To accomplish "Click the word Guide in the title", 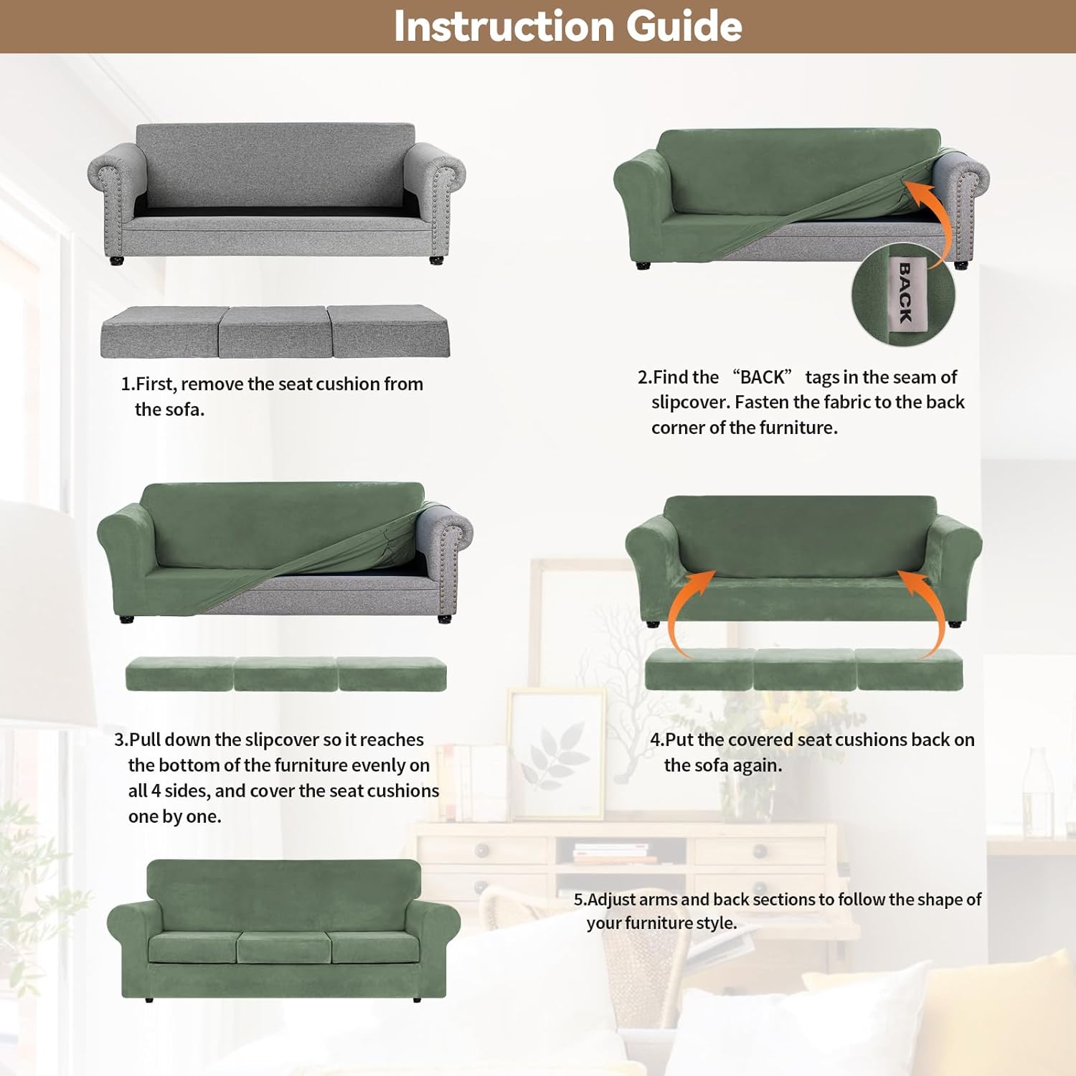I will [x=684, y=27].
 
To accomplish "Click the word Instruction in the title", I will [x=503, y=27].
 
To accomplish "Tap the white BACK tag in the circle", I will [x=905, y=293].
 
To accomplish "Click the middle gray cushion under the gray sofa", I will [x=273, y=332].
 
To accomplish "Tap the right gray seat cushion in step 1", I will [x=387, y=332].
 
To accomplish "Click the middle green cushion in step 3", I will [x=285, y=674].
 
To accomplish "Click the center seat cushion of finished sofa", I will [x=283, y=947].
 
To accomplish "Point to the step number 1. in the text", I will [x=128, y=384].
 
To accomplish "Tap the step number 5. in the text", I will [x=580, y=900].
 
